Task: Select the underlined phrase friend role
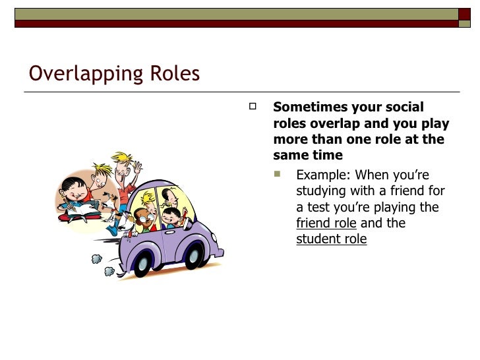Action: (x=326, y=223)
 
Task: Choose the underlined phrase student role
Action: (x=331, y=239)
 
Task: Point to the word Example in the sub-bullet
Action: (x=324, y=175)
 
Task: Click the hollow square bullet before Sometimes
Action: (x=252, y=105)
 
